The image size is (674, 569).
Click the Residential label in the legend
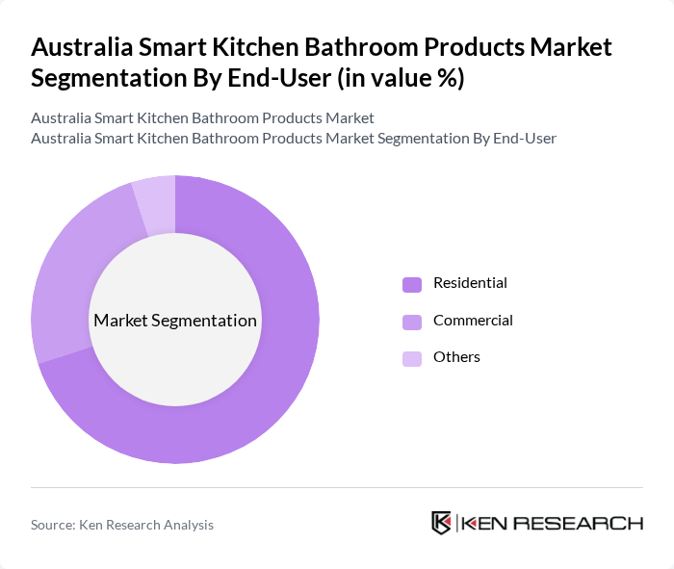[x=470, y=283]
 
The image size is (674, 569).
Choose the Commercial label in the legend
[x=473, y=320]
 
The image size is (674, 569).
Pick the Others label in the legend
[x=456, y=356]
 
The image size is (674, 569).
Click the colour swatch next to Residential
[x=412, y=284]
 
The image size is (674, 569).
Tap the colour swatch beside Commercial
[x=412, y=321]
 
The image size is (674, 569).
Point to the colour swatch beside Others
[x=412, y=357]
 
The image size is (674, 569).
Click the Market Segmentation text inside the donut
[x=175, y=321]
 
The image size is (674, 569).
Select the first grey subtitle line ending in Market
[x=202, y=118]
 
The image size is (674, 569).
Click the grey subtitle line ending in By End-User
[x=294, y=138]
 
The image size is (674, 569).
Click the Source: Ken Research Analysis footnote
[x=122, y=525]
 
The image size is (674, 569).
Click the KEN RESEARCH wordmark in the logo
[x=553, y=523]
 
